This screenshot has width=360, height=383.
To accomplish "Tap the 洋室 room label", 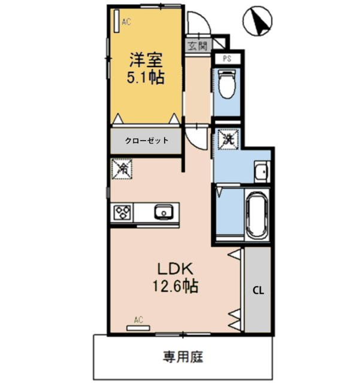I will [x=145, y=60].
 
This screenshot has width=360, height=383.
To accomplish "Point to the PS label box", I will [x=228, y=58].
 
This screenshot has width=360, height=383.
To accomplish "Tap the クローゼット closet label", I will [x=146, y=141].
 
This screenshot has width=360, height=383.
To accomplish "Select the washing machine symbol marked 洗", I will [x=229, y=139].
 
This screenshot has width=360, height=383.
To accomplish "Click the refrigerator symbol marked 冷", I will [x=121, y=170].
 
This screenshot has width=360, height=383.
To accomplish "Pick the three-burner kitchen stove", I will [x=123, y=212].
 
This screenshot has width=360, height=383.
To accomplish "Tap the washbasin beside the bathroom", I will [x=261, y=172].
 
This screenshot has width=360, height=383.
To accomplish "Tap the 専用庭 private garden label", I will [x=183, y=357].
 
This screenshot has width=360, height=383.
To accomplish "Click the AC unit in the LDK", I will [x=138, y=326].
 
